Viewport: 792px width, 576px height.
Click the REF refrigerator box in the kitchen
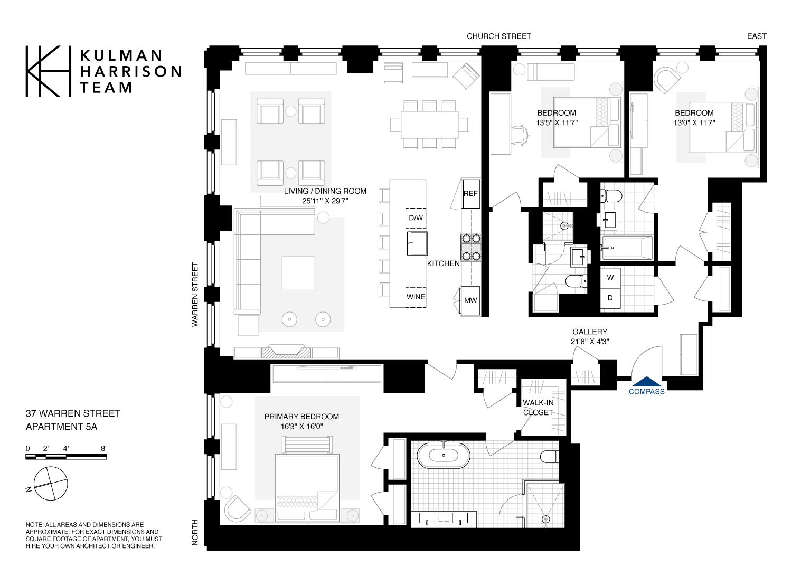point(470,193)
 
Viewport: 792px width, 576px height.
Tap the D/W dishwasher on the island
point(416,218)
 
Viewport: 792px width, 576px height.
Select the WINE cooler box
point(416,297)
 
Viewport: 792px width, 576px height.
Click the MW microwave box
point(470,300)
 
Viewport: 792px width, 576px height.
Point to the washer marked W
point(610,278)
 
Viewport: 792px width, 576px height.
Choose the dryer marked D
point(610,298)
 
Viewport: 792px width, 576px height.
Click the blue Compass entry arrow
point(646,382)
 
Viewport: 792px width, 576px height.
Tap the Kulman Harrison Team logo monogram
point(48,71)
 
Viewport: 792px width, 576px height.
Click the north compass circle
point(51,484)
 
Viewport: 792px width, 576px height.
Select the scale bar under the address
point(66,457)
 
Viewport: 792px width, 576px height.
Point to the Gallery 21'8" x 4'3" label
point(590,336)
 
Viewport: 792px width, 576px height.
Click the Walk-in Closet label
point(538,408)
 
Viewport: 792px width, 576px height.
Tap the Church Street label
point(498,36)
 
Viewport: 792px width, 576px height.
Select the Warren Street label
point(195,295)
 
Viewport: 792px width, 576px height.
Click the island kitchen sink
point(417,243)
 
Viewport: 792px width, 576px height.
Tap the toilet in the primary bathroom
point(550,457)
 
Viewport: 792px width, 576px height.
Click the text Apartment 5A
point(61,427)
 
